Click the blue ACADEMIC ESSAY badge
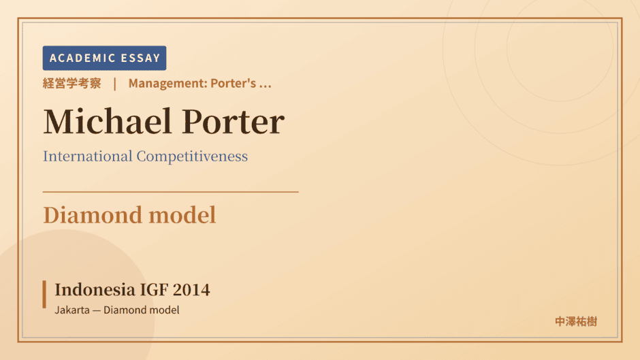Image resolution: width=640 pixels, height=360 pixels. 104,58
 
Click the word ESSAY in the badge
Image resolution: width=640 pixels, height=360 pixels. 140,58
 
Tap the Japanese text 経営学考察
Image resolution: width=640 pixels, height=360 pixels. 72,83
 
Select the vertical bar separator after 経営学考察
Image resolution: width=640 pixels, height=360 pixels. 115,84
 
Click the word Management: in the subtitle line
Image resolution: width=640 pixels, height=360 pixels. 167,83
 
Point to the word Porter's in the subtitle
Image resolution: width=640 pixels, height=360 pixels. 234,83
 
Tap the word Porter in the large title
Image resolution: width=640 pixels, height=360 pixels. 233,122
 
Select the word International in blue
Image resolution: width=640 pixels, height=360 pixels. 88,156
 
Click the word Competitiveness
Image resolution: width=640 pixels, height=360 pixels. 192,157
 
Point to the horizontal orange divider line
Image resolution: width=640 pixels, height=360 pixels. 171,191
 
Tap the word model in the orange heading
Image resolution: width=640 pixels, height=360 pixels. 182,214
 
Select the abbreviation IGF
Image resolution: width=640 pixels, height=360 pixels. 154,290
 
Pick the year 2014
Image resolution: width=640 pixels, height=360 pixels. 191,290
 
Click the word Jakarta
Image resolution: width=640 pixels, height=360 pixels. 72,310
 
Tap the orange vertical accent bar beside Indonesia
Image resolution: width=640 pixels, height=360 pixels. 44,294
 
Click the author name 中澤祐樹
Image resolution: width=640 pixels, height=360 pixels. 576,322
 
